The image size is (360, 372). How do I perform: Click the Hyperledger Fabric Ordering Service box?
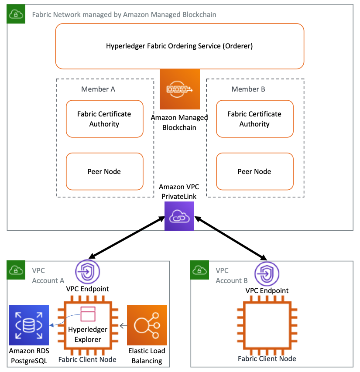[180, 46]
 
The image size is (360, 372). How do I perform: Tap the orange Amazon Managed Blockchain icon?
[180, 89]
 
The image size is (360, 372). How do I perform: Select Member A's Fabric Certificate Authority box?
[104, 119]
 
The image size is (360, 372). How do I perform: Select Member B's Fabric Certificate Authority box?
[255, 119]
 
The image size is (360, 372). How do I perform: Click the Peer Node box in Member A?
[104, 171]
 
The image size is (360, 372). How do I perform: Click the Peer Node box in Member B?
[255, 171]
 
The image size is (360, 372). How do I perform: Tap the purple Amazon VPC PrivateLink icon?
[179, 216]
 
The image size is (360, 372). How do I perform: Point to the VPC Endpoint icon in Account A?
[88, 272]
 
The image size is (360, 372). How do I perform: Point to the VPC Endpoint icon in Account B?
[267, 273]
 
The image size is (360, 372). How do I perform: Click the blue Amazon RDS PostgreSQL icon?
[29, 325]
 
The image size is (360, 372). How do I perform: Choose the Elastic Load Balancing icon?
[147, 325]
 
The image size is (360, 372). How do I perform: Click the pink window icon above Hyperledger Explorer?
[88, 314]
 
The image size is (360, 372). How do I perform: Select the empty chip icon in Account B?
[267, 325]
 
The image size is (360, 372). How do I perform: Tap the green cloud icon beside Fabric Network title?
[16, 14]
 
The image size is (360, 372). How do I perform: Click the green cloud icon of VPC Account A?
[16, 270]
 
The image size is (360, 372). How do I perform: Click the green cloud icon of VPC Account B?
[199, 270]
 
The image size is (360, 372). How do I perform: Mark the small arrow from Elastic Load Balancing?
[123, 326]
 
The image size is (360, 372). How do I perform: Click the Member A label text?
[98, 89]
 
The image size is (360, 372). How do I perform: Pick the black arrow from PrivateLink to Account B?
[231, 239]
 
